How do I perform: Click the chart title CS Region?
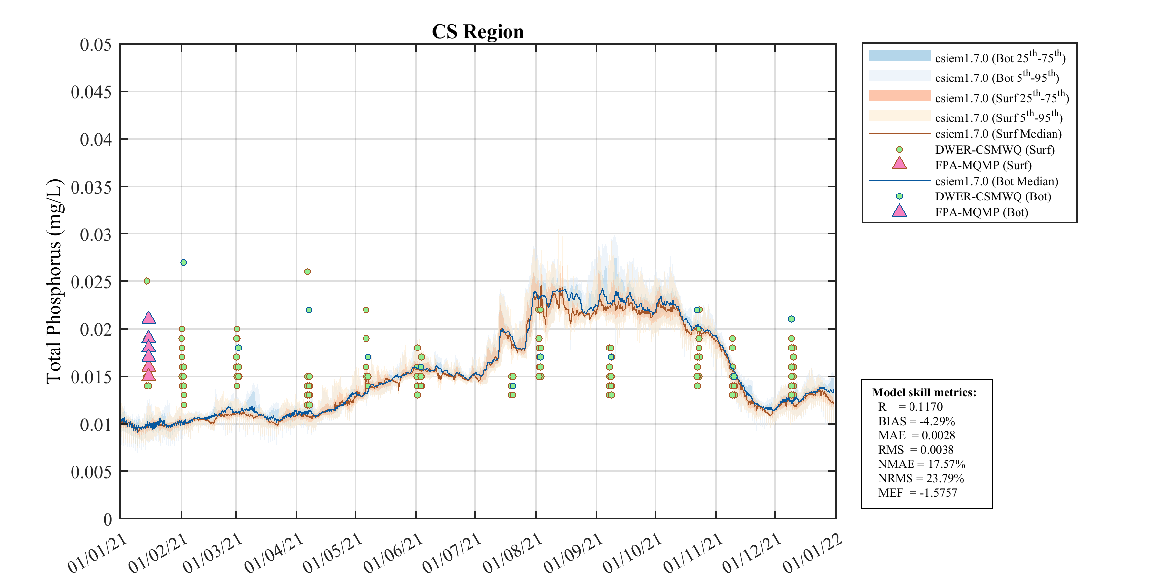[x=477, y=32]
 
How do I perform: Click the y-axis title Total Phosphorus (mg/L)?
[x=54, y=281]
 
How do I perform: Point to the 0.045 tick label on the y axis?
[x=92, y=92]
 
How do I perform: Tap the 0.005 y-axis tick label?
[x=92, y=472]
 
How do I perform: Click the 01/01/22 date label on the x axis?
[x=813, y=553]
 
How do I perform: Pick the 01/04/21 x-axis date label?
[x=274, y=553]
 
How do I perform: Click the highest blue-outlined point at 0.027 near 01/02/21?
[x=183, y=262]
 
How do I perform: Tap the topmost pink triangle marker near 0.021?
[x=148, y=318]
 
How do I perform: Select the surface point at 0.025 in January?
[x=146, y=281]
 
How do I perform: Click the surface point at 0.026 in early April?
[x=307, y=272]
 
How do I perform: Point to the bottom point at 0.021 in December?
[x=791, y=319]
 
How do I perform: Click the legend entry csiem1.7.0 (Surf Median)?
[x=998, y=134]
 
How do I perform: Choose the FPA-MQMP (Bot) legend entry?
[x=982, y=212]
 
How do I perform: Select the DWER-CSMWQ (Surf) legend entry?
[x=994, y=150]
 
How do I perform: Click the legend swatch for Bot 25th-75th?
[x=899, y=56]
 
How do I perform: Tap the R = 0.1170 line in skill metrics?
[x=910, y=407]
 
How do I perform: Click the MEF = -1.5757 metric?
[x=917, y=493]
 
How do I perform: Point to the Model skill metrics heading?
[x=924, y=392]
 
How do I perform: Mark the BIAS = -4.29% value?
[x=916, y=421]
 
